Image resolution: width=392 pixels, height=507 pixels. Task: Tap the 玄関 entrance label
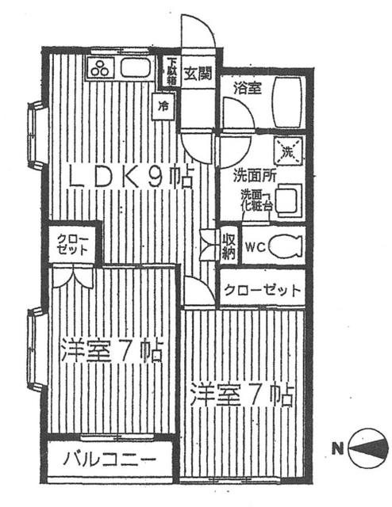click(x=198, y=75)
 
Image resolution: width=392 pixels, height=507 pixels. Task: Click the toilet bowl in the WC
click(x=286, y=246)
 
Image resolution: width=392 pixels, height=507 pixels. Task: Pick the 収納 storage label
click(x=229, y=246)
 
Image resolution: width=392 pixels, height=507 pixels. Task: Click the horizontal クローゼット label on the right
click(x=262, y=291)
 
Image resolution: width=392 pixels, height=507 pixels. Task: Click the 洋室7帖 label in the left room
click(x=111, y=351)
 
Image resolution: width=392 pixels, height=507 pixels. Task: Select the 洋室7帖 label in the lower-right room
click(x=241, y=395)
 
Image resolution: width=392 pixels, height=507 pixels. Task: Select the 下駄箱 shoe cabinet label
click(x=170, y=71)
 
